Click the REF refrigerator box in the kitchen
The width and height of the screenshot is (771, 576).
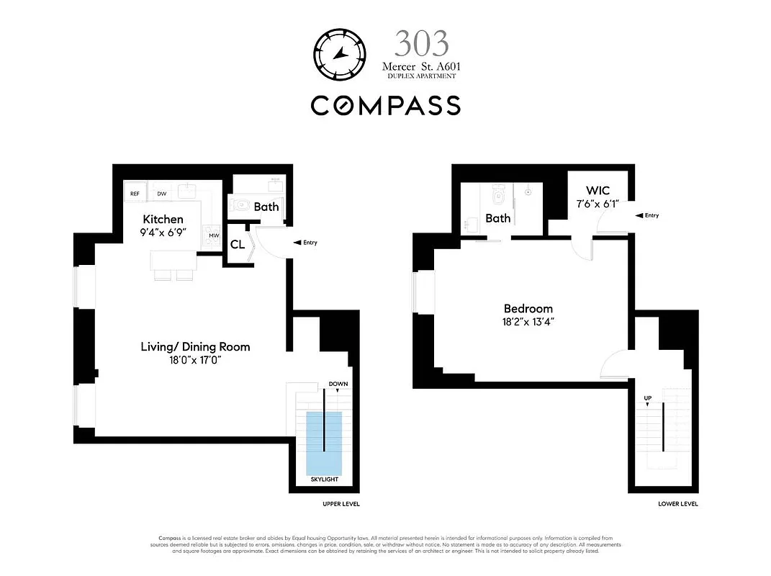[x=135, y=193]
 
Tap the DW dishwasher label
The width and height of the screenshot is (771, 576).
[x=162, y=193]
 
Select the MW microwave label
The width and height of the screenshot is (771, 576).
[x=214, y=235]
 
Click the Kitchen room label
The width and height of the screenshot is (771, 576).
[x=163, y=219]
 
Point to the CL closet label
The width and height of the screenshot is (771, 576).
[x=237, y=244]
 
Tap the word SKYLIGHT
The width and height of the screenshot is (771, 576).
[x=324, y=480]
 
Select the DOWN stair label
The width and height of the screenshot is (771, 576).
[x=338, y=384]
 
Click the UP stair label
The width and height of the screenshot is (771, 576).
[x=647, y=397]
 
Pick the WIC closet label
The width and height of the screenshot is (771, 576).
[x=598, y=190]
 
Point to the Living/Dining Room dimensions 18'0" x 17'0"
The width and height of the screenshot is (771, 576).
[x=195, y=360]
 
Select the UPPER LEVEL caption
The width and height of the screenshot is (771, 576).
[x=341, y=504]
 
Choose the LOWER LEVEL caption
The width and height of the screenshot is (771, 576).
[x=677, y=504]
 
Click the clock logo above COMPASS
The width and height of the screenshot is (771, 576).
[x=340, y=55]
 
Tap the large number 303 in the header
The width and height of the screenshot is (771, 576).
[x=421, y=45]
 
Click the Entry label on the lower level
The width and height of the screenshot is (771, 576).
[x=651, y=215]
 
